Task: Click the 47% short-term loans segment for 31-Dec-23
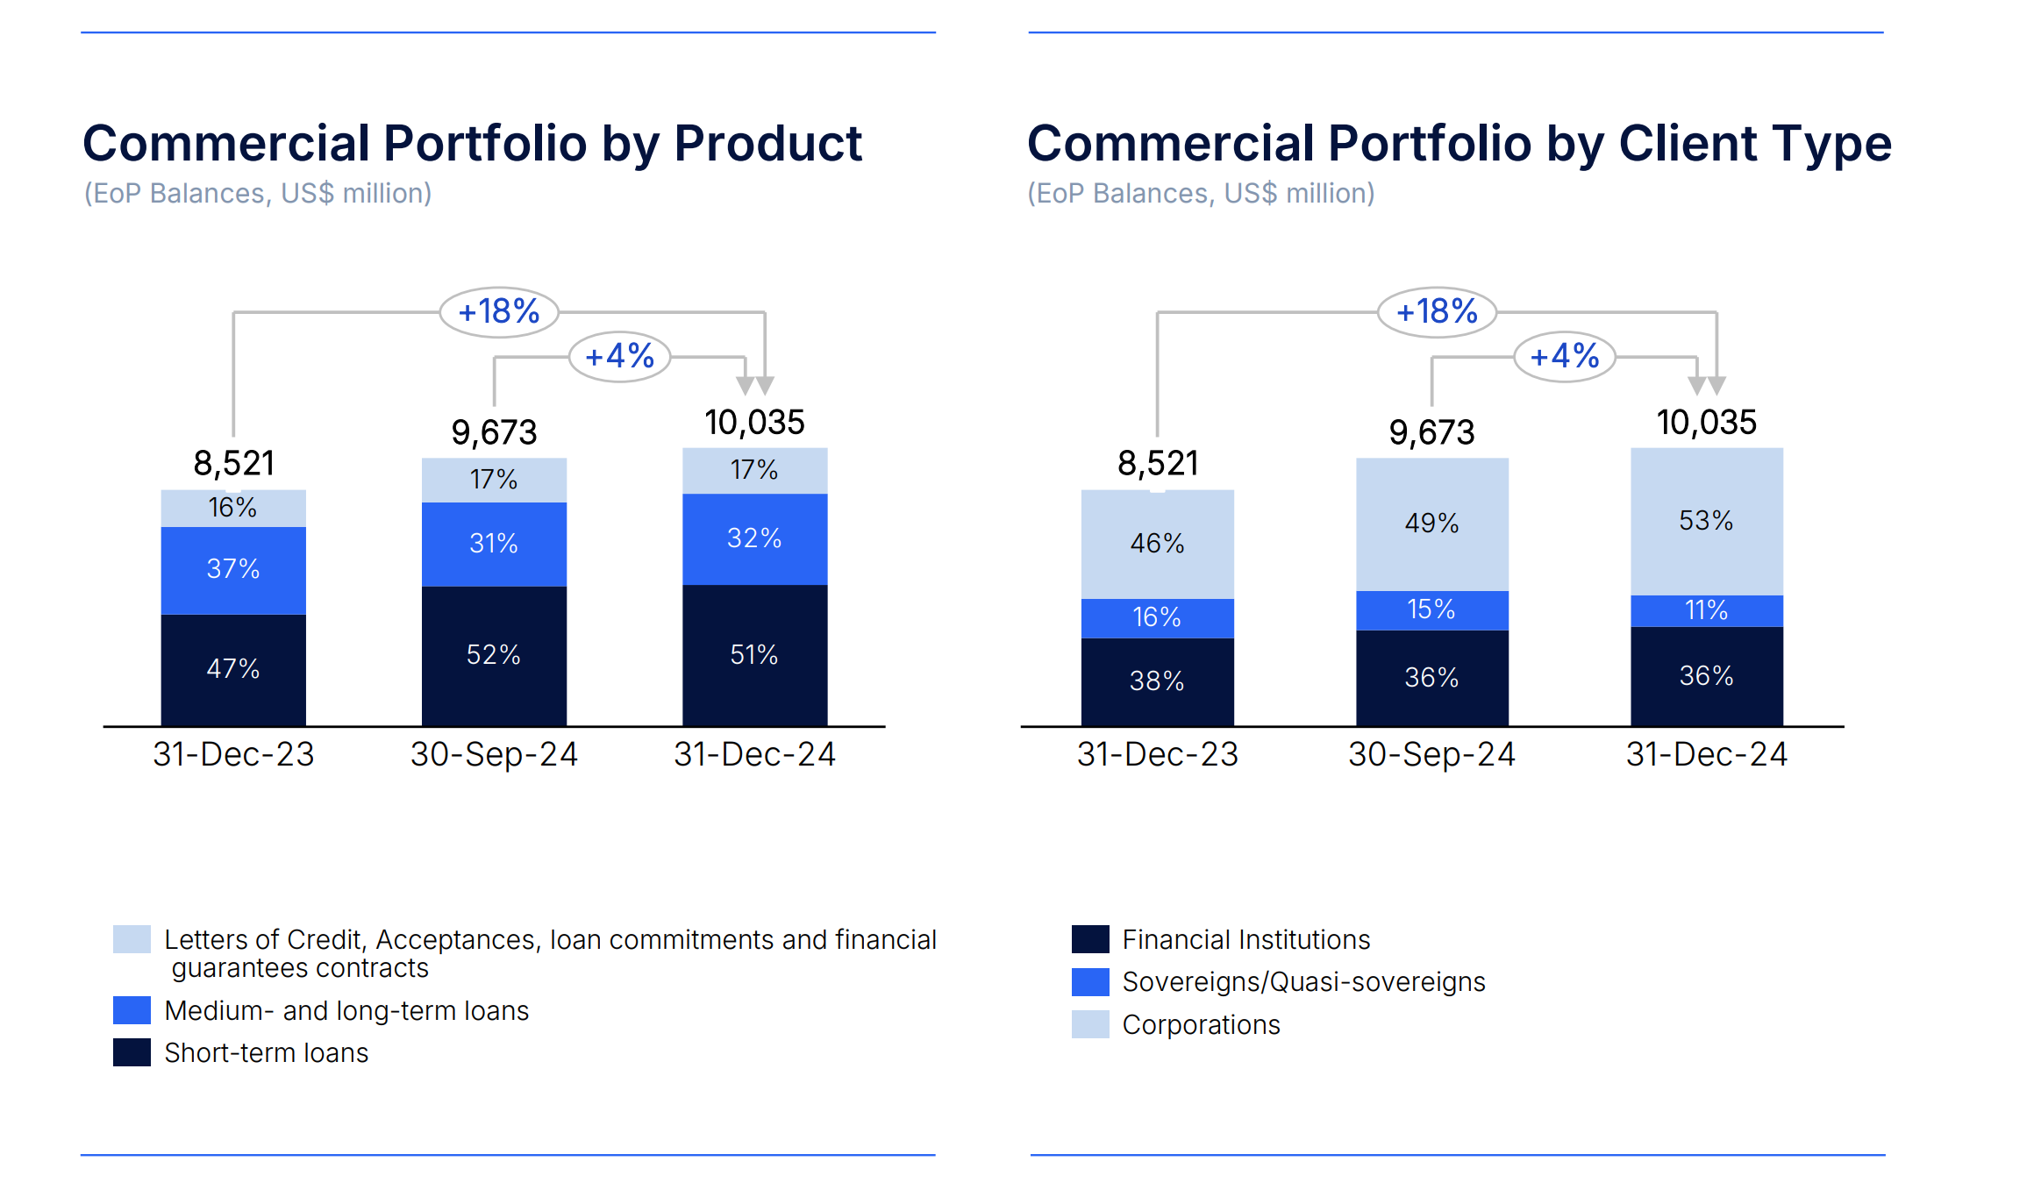pos(233,669)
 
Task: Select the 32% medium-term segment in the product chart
pos(754,538)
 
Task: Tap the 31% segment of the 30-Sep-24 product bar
pos(494,544)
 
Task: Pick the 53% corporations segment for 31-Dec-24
pos(1706,521)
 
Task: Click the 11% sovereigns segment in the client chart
pos(1706,610)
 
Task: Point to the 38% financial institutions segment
pos(1157,681)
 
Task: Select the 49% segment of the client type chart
pos(1431,524)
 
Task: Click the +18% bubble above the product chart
pos(499,312)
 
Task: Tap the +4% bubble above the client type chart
pos(1565,357)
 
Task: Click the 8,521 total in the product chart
pos(234,463)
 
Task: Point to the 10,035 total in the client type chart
pos(1706,423)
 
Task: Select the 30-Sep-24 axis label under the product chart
pos(494,754)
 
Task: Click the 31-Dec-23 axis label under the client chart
pos(1157,754)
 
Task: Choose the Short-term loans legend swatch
pos(132,1052)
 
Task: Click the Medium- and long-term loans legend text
pos(346,1011)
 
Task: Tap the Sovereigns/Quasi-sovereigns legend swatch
pos(1090,982)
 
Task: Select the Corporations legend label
pos(1201,1025)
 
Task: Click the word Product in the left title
pos(767,144)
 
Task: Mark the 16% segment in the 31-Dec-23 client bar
pos(1157,617)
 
